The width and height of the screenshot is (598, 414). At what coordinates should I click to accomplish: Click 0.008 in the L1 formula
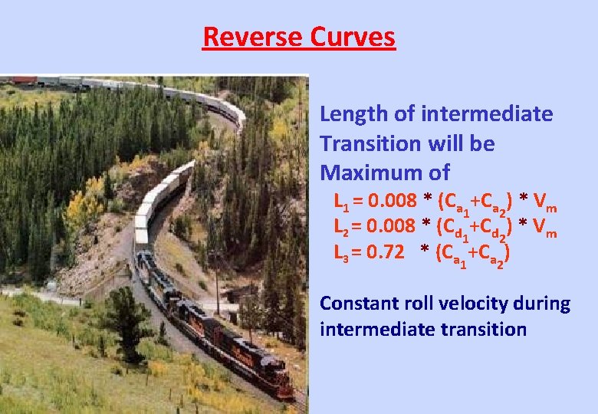tap(393, 202)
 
